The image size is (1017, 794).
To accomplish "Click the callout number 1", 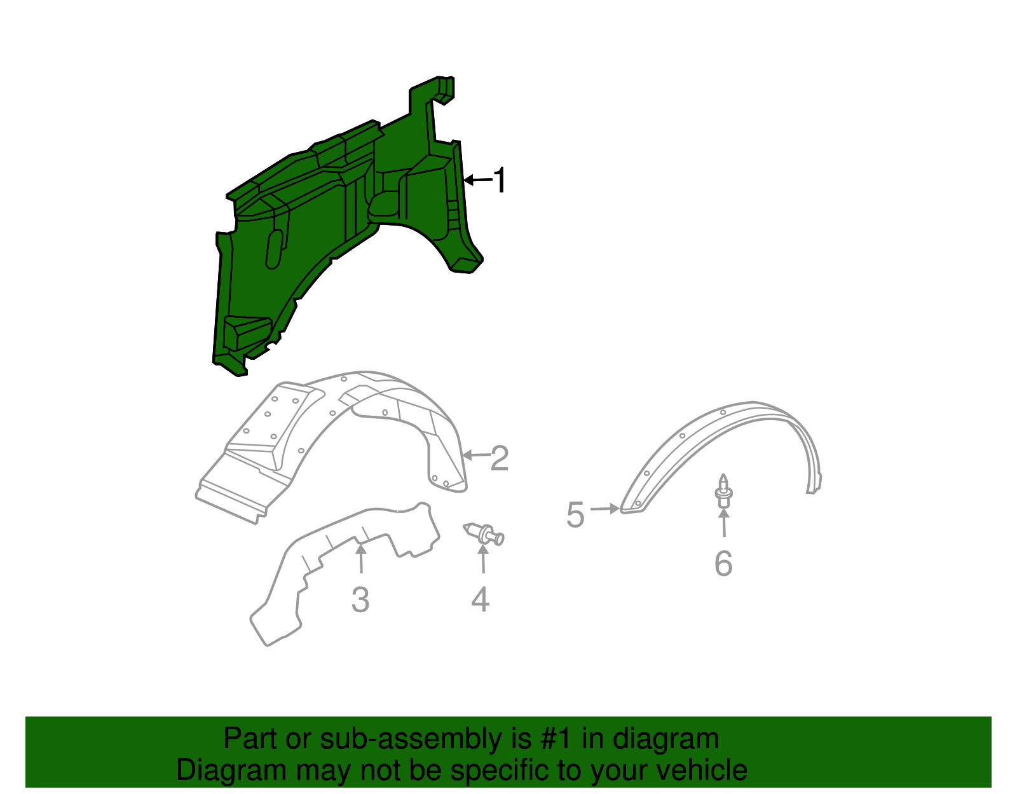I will click(x=500, y=181).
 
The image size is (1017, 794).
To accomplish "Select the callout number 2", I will click(x=500, y=458).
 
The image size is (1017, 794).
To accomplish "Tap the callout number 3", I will click(x=360, y=600).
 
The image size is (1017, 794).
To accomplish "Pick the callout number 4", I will click(x=481, y=600).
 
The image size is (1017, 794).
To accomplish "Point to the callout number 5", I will click(x=575, y=514).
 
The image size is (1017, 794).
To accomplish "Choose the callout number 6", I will click(x=723, y=564).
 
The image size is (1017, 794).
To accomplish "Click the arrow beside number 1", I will click(x=477, y=181).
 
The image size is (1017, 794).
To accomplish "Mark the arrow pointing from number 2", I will click(x=476, y=455).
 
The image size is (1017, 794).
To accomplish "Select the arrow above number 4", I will click(x=483, y=558).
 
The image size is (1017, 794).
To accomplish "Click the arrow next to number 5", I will click(x=604, y=509).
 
